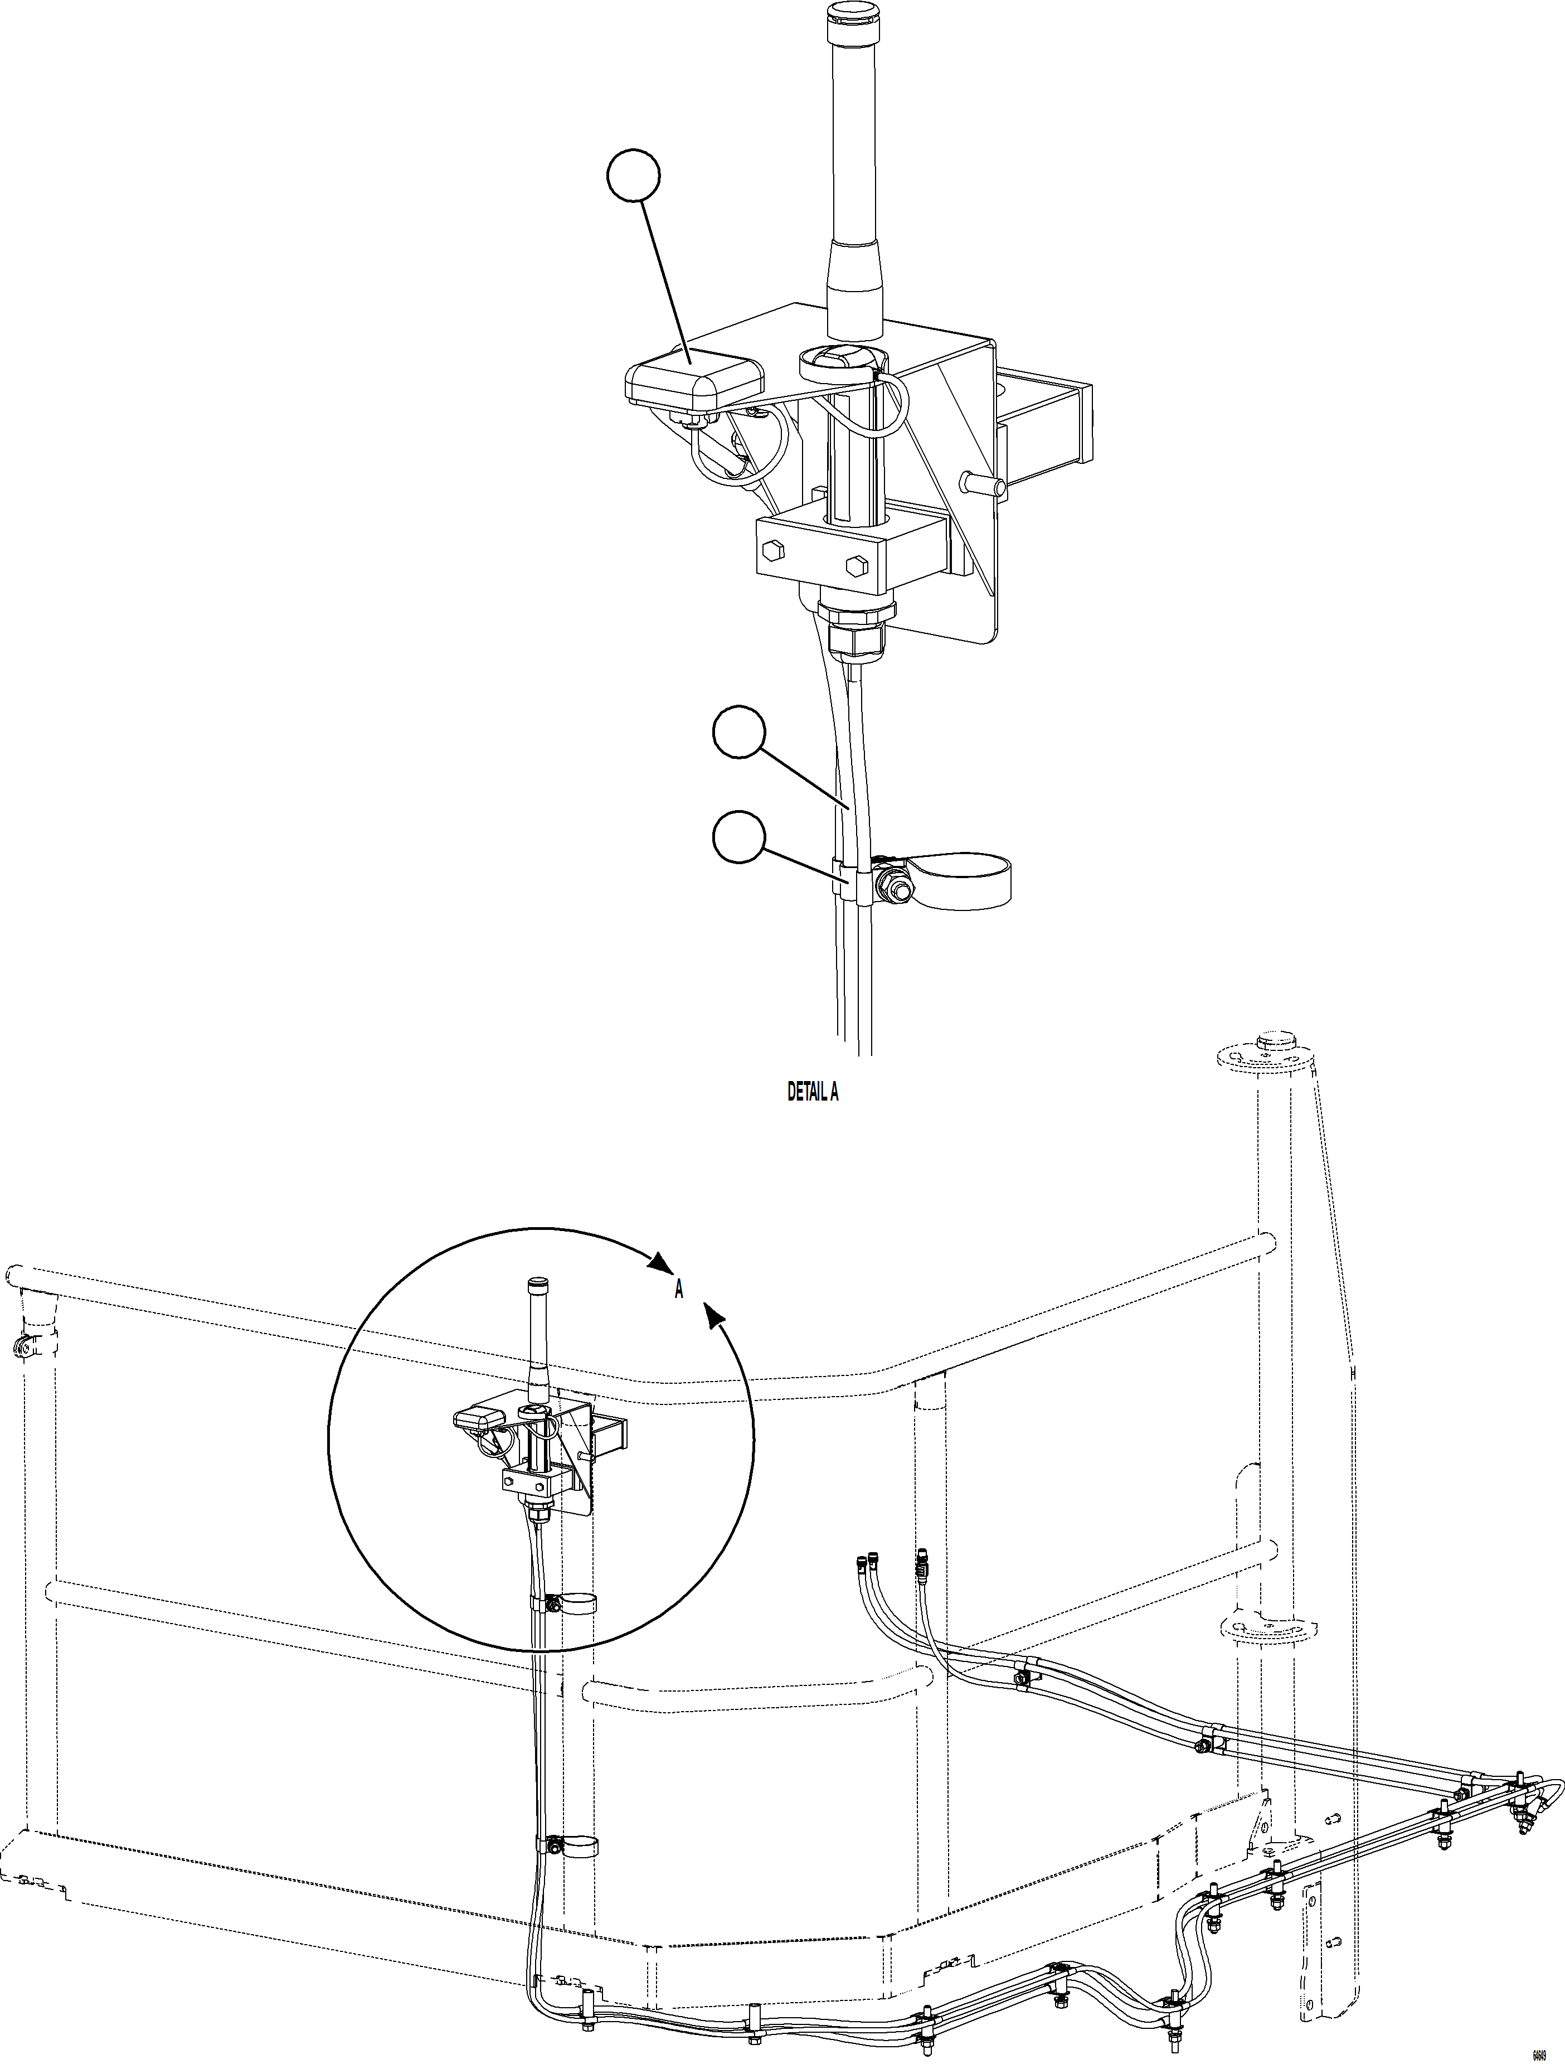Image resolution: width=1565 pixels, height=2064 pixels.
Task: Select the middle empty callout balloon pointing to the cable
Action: (x=738, y=733)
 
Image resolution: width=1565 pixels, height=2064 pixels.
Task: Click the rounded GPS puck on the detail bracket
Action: (x=692, y=382)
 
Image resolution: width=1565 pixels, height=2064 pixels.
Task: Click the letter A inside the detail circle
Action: (x=679, y=1291)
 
